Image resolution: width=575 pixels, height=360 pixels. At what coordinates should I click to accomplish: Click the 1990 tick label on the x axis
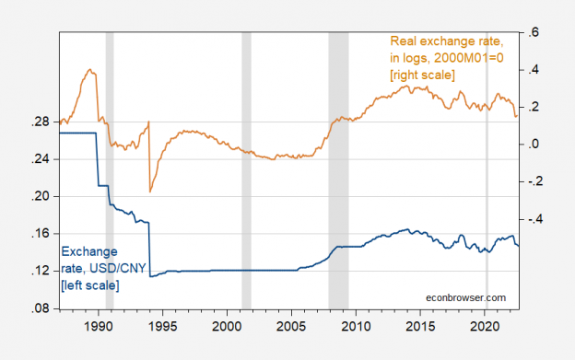pyautogui.click(x=99, y=326)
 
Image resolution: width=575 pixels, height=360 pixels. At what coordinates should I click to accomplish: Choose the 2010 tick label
pyautogui.click(x=356, y=326)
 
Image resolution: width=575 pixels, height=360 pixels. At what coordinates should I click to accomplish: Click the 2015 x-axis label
pyautogui.click(x=420, y=326)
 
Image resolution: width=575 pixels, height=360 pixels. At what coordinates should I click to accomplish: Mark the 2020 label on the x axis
pyautogui.click(x=485, y=326)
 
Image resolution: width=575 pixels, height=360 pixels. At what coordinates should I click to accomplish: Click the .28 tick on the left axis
pyautogui.click(x=42, y=122)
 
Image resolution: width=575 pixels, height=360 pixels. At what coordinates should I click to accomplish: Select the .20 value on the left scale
pyautogui.click(x=42, y=196)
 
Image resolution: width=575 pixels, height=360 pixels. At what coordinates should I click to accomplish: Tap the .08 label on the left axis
pyautogui.click(x=42, y=308)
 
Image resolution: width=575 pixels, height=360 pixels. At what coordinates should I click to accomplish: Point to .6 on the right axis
pyautogui.click(x=534, y=33)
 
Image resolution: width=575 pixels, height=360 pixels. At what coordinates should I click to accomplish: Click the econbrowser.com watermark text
pyautogui.click(x=465, y=297)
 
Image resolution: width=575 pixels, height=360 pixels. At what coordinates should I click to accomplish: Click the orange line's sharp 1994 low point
pyautogui.click(x=150, y=192)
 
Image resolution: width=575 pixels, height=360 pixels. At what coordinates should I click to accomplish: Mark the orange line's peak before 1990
pyautogui.click(x=89, y=70)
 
